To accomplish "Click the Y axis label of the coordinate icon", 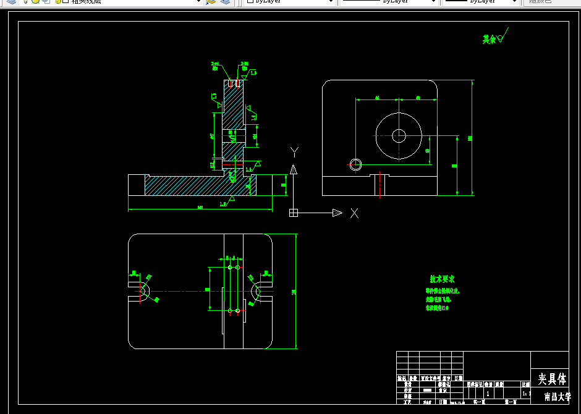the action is [295, 152].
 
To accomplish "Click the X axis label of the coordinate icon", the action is [354, 213].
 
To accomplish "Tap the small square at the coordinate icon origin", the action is [294, 213].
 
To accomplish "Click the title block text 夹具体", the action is [551, 378].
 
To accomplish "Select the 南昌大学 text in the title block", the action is [557, 397].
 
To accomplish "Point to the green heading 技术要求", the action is [443, 279].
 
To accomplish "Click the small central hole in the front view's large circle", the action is [399, 135].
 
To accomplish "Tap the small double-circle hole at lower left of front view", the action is [355, 164].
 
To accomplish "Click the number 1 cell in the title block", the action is [488, 393].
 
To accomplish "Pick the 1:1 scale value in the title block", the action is [526, 393].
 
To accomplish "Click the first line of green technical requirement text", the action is [443, 290].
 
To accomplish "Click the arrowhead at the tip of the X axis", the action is [337, 213].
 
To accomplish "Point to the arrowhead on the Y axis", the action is [294, 169].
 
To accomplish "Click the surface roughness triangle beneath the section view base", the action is [231, 198].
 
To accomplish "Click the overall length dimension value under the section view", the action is [200, 208].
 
